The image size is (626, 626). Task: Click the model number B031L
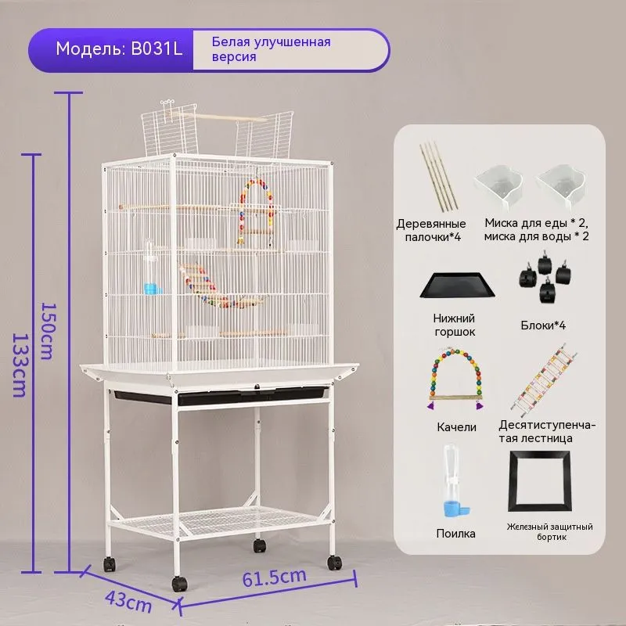pos(157,49)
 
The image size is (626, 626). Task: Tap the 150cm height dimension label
pos(48,331)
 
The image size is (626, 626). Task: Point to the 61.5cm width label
pos(275,577)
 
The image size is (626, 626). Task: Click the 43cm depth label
pos(128,602)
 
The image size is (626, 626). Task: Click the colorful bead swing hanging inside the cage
pos(257,211)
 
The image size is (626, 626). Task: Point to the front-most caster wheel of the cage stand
pos(179,584)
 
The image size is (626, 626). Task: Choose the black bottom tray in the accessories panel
pos(458,285)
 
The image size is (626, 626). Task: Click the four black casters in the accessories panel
pos(545,276)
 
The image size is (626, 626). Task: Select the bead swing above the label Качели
pos(455,379)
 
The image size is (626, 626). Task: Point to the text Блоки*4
pos(543,326)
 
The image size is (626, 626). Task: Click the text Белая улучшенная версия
pos(271,49)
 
